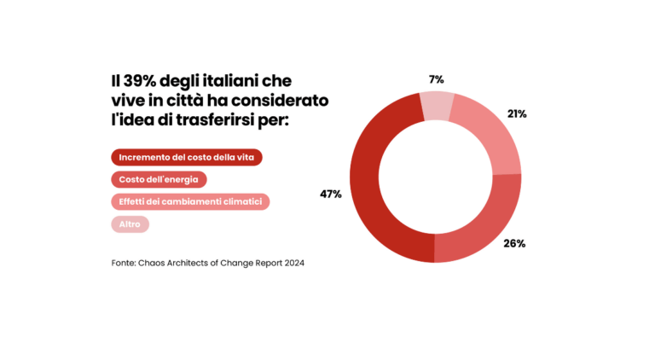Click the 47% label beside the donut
331,195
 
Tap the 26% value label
514,243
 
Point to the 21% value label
517,113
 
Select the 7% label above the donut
436,79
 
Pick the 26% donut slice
482,224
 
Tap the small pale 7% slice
437,103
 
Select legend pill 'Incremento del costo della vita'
187,158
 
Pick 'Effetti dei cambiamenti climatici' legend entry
190,202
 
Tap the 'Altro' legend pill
130,224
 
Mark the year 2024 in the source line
293,263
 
